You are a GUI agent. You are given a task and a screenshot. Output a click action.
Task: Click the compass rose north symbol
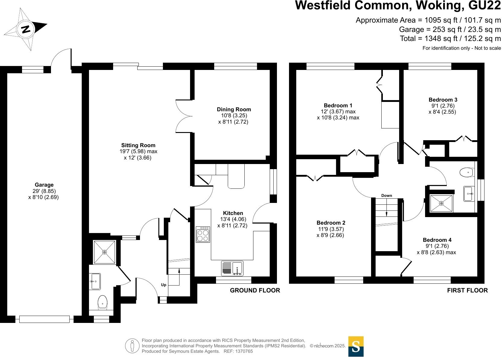[26, 29]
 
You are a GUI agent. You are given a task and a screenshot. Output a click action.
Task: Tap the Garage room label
[44, 185]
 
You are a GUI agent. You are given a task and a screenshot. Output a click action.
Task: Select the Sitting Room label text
[138, 145]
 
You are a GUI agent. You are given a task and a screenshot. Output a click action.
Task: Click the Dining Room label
[234, 109]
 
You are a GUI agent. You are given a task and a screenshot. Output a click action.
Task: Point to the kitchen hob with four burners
[203, 234]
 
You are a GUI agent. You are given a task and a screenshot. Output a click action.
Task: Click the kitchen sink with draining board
[232, 268]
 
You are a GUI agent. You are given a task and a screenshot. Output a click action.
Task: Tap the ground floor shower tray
[104, 252]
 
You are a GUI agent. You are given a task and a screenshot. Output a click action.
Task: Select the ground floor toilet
[103, 302]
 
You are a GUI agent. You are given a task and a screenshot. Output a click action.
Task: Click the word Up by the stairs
[164, 285]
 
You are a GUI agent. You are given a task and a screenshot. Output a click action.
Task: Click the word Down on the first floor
[386, 195]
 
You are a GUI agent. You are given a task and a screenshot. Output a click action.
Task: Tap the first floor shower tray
[441, 203]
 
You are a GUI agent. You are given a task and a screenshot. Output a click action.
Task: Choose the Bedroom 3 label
[443, 100]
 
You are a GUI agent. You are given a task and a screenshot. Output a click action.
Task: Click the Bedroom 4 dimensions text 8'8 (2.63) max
[436, 252]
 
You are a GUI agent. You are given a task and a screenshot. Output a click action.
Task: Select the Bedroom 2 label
[331, 223]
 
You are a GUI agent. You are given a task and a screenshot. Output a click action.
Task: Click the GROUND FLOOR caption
[255, 290]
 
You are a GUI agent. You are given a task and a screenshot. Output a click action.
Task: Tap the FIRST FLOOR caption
[467, 290]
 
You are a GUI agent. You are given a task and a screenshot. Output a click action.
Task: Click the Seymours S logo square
[356, 346]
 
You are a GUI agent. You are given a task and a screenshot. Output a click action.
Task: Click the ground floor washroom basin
[95, 281]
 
